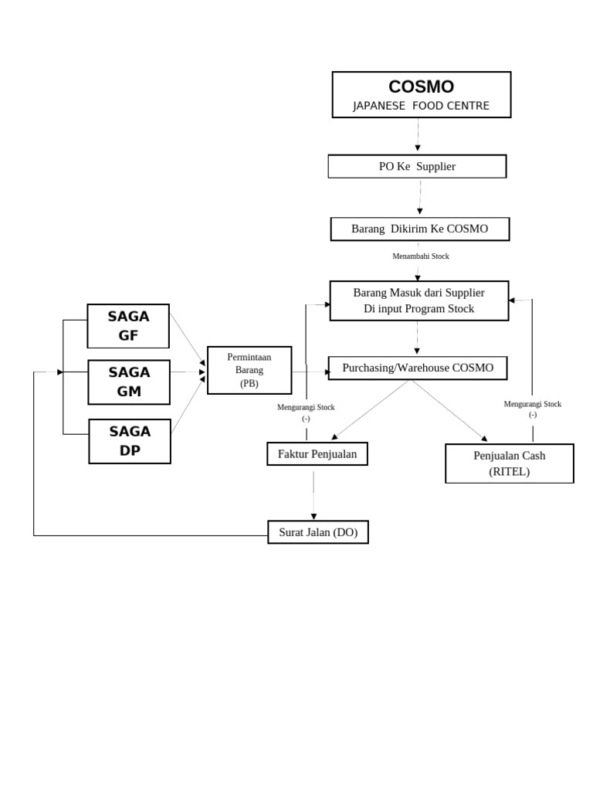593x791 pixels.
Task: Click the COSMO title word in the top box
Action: click(421, 87)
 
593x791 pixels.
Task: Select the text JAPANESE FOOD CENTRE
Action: click(421, 106)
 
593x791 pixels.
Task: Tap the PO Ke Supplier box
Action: click(417, 166)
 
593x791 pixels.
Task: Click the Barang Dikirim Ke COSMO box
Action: click(419, 229)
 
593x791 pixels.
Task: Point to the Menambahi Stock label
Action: click(420, 256)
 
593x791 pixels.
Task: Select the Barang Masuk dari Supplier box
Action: click(418, 300)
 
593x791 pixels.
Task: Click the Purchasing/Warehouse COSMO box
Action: click(418, 368)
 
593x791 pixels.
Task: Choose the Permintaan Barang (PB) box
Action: click(249, 370)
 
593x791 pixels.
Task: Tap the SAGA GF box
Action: click(128, 326)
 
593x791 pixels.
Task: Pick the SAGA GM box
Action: click(129, 382)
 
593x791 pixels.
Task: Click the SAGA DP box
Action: click(130, 441)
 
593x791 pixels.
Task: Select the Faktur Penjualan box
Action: click(317, 454)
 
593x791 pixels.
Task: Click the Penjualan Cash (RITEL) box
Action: click(509, 463)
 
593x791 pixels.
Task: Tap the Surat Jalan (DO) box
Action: click(317, 532)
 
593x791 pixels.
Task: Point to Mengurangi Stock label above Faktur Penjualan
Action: click(306, 412)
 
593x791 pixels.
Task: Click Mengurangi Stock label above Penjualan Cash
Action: click(532, 409)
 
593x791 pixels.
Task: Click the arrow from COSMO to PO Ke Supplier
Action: click(418, 135)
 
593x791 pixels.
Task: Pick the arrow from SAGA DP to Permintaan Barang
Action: click(188, 406)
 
